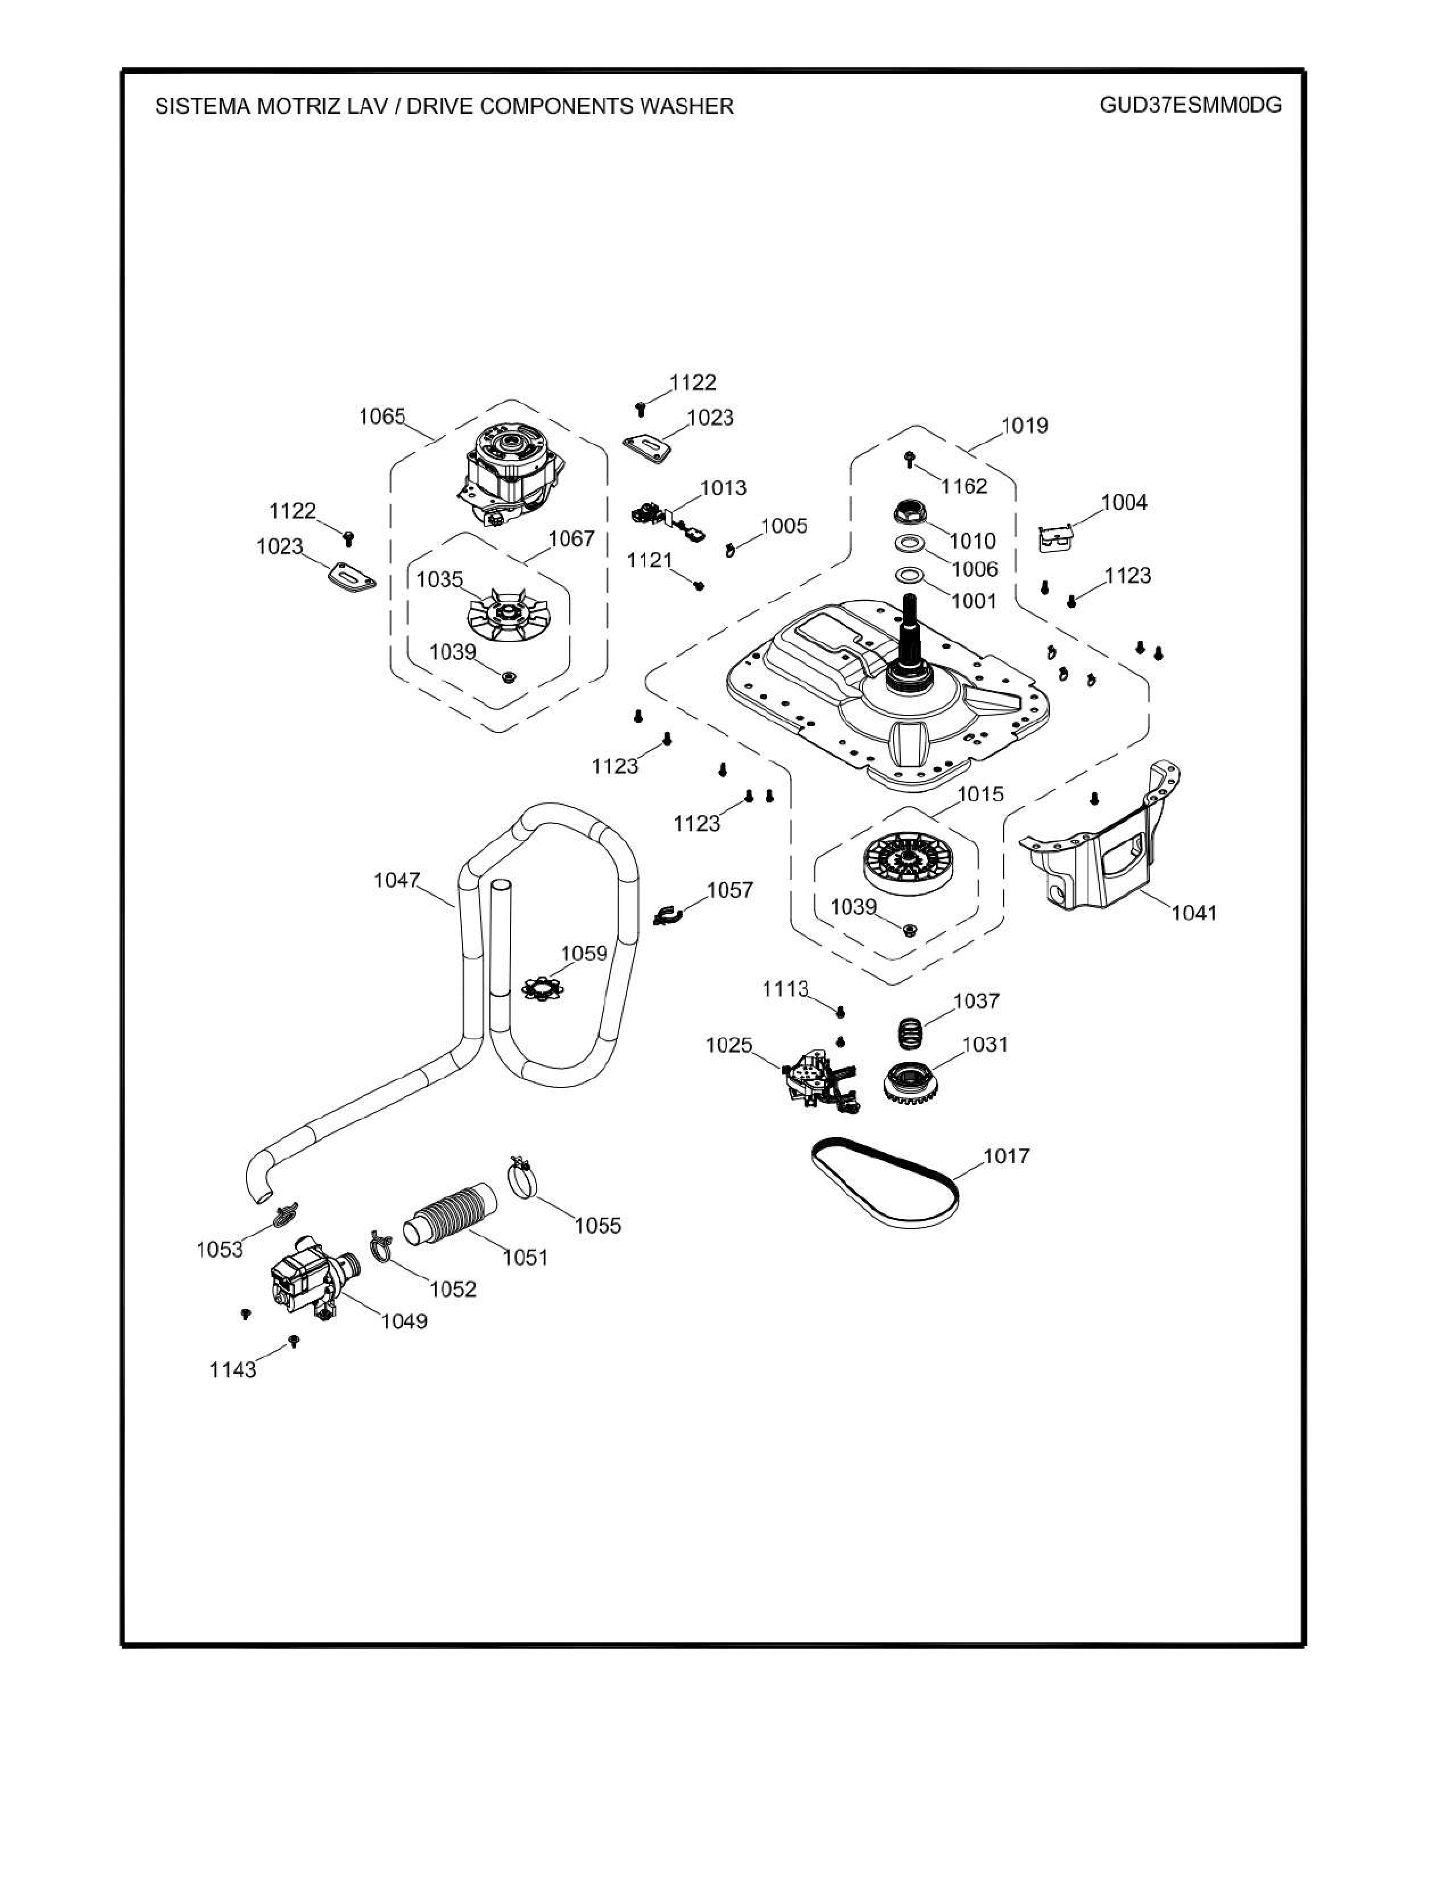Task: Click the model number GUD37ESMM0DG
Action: click(x=1190, y=105)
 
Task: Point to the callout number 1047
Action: click(x=396, y=880)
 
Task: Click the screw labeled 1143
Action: click(x=294, y=1341)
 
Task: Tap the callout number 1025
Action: click(x=729, y=1045)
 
